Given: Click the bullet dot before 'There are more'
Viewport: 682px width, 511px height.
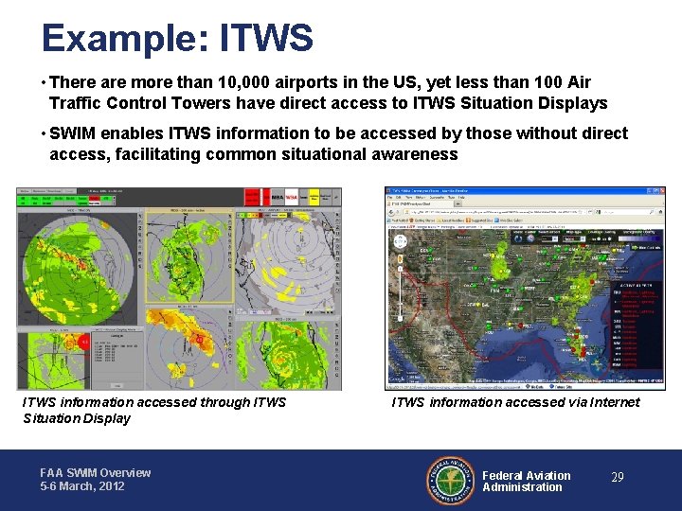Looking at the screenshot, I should coord(43,83).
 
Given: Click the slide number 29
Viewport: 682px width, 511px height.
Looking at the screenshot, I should coord(617,478).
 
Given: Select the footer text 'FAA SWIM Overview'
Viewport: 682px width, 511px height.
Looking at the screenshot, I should coord(95,473).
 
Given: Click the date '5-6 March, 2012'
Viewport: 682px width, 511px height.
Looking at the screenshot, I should coord(83,486).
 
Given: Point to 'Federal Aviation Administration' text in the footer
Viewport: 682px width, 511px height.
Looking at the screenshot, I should coord(526,481).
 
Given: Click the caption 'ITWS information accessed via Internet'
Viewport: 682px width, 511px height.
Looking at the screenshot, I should coord(515,402).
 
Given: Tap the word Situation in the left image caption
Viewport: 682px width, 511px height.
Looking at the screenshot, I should coord(56,418).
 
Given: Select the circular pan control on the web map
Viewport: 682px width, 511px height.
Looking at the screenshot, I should coord(401,242).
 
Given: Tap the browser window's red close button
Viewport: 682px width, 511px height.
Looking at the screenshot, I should coord(660,190).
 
